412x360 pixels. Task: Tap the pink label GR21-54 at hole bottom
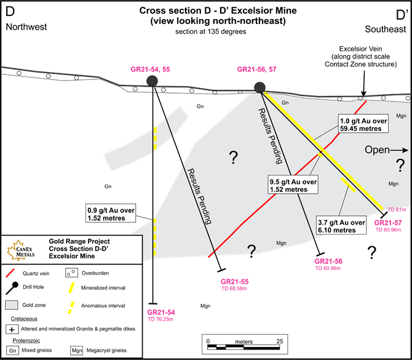[x=160, y=313]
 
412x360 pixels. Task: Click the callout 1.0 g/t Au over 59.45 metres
[x=363, y=126]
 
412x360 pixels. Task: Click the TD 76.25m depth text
[x=160, y=320]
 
